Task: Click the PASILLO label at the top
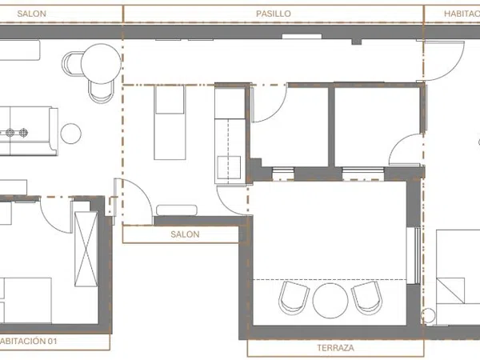click(274, 14)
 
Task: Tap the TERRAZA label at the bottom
click(335, 348)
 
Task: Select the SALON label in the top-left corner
click(32, 14)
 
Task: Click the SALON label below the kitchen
click(185, 234)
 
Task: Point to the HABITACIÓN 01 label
click(29, 341)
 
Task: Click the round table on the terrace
click(330, 301)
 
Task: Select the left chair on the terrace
click(294, 298)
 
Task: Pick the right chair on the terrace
click(366, 298)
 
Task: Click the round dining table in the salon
click(101, 64)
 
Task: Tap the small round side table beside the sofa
click(70, 134)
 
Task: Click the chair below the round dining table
click(101, 92)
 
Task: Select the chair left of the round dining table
click(72, 64)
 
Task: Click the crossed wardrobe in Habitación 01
click(86, 249)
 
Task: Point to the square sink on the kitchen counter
click(229, 167)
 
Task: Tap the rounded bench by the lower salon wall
click(177, 210)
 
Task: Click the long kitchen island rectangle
click(170, 122)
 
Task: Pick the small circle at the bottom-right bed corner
click(428, 316)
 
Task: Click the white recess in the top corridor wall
click(302, 37)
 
